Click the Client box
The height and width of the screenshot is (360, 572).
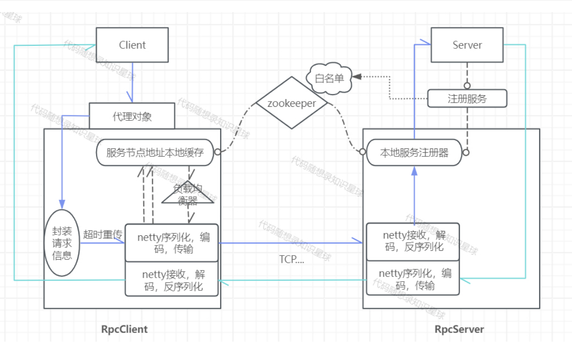pyautogui.click(x=132, y=45)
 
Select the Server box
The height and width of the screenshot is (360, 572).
pyautogui.click(x=467, y=45)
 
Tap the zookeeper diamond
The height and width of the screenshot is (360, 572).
pyautogui.click(x=291, y=103)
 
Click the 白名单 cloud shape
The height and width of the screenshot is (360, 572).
pyautogui.click(x=329, y=78)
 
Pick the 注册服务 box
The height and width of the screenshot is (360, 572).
pyautogui.click(x=467, y=99)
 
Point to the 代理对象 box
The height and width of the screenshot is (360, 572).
pyautogui.click(x=132, y=116)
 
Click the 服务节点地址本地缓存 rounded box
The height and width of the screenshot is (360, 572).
pyautogui.click(x=155, y=153)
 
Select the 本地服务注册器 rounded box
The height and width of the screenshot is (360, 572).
pyautogui.click(x=414, y=153)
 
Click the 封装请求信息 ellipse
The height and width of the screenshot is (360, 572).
pyautogui.click(x=62, y=243)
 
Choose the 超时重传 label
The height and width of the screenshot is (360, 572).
pyautogui.click(x=102, y=235)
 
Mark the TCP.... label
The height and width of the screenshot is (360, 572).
pyautogui.click(x=292, y=259)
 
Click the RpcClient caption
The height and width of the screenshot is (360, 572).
pyautogui.click(x=124, y=330)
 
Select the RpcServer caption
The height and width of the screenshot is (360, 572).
pyautogui.click(x=459, y=330)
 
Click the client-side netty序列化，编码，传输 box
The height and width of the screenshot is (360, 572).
pyautogui.click(x=172, y=243)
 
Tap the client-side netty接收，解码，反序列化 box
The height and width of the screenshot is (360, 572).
pyautogui.click(x=172, y=279)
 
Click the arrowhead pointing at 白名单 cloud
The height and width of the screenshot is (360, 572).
pyautogui.click(x=356, y=76)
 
